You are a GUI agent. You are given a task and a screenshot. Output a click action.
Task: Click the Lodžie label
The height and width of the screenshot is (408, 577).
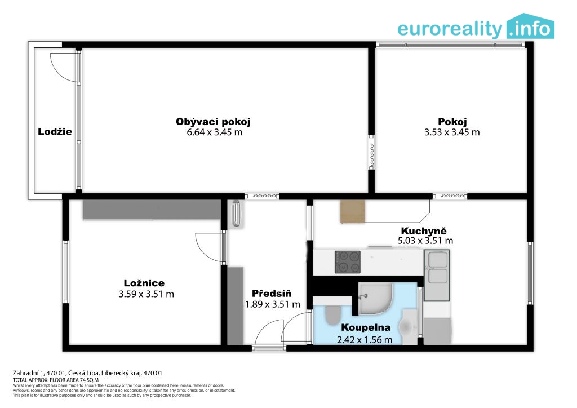click(55, 131)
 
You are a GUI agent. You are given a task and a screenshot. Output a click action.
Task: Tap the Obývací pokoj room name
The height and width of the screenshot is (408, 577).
click(213, 122)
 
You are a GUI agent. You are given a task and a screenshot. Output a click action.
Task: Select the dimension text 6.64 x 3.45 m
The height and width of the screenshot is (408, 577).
click(215, 132)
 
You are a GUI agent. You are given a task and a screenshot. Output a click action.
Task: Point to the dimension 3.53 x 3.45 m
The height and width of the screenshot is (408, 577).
click(452, 132)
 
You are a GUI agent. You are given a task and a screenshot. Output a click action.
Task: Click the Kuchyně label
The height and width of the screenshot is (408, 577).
click(424, 231)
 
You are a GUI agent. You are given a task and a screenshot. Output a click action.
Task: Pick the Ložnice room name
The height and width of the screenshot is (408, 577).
click(144, 283)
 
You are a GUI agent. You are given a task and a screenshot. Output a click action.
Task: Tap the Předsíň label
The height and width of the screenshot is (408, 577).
click(272, 293)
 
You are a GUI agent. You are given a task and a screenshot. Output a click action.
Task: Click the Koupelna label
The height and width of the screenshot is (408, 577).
click(365, 327)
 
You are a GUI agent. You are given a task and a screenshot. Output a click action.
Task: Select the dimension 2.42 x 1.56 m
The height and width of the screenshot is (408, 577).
click(365, 340)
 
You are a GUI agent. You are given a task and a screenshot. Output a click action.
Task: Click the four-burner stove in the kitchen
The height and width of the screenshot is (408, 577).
click(347, 262)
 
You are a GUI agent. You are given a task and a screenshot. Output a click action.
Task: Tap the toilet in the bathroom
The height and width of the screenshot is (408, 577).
click(333, 315)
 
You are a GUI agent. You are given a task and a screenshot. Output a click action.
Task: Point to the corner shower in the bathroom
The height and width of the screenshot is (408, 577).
click(376, 299)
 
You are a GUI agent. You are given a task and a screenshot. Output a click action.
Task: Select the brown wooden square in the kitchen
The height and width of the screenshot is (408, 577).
click(353, 211)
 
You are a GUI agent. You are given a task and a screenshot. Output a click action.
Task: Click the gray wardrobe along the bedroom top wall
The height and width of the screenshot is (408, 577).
click(152, 210)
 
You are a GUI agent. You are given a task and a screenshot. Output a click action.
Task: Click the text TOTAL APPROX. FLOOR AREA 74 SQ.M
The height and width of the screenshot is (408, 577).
click(56, 380)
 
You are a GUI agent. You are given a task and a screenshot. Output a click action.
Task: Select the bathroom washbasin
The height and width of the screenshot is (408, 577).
click(410, 327)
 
